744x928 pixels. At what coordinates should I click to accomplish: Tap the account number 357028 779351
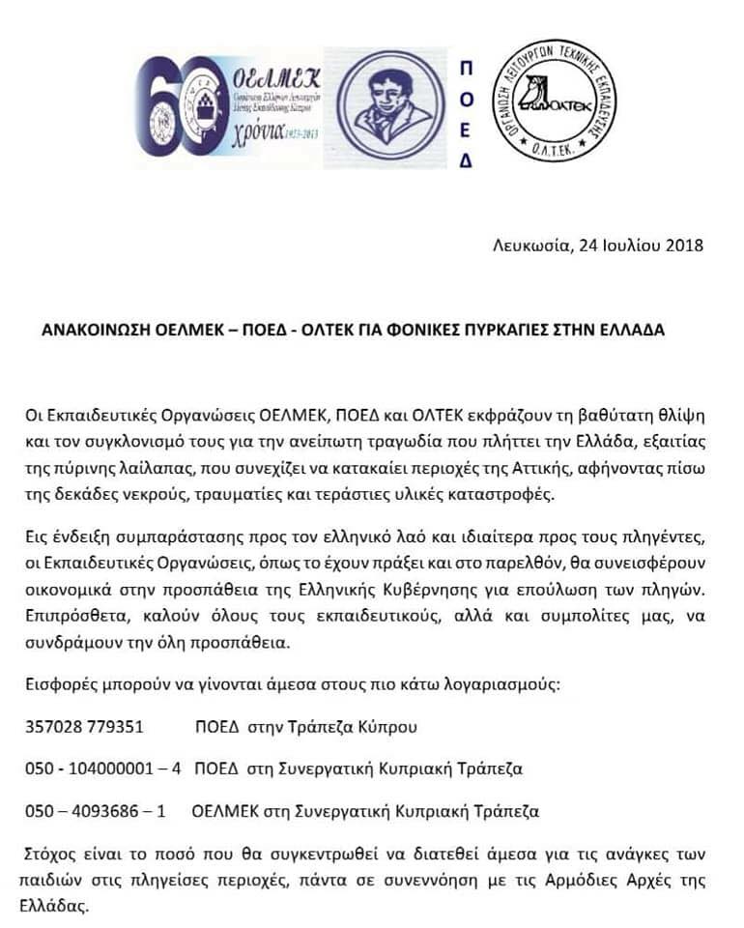84,727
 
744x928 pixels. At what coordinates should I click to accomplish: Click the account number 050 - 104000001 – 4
102,769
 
